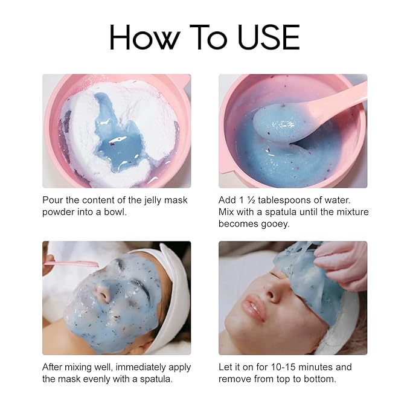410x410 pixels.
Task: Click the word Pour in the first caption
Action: (53, 200)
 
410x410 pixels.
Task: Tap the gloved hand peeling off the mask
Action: (341, 263)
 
